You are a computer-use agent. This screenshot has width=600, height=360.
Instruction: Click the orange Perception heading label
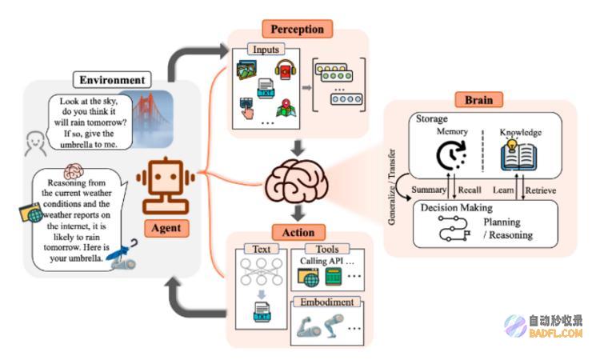point(297,29)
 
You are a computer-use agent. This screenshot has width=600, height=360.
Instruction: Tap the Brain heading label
point(478,100)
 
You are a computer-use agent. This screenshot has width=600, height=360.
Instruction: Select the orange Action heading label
point(298,232)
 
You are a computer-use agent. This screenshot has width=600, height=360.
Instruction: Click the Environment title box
point(112,80)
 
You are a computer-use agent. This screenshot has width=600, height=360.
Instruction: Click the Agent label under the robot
point(166,228)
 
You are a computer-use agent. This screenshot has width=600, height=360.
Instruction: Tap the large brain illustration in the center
point(297,181)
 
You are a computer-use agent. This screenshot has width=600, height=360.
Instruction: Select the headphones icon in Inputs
point(285,70)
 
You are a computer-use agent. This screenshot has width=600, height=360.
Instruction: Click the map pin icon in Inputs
point(286,107)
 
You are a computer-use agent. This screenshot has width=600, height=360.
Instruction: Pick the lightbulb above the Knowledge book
point(511,145)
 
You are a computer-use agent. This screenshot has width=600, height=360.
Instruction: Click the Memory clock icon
point(451,155)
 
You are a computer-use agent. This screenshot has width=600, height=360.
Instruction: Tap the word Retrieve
point(540,190)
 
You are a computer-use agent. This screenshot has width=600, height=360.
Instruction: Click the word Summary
point(429,190)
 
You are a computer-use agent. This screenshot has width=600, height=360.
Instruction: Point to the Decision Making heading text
point(457,208)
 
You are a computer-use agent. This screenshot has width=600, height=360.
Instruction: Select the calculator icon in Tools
point(334,276)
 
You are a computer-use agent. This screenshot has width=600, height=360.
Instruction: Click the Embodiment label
point(326,302)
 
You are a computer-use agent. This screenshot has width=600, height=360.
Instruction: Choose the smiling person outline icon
point(35,144)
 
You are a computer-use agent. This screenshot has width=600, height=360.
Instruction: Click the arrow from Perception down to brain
point(298,148)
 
